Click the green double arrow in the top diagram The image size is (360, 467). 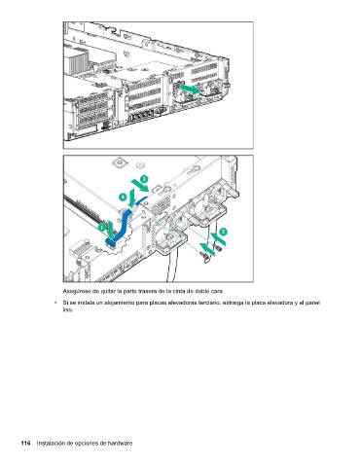point(191,89)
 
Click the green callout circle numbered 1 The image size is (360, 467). point(102,228)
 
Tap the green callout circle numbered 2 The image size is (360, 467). point(144,179)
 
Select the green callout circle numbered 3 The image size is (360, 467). point(223,232)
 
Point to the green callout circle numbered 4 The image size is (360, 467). point(123,197)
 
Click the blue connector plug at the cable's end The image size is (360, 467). point(112,241)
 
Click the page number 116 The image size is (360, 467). point(25,443)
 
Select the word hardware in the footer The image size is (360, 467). point(120,443)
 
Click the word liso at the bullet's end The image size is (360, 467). point(67,309)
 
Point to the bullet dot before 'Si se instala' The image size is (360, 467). point(55,303)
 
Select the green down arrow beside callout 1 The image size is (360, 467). point(111,230)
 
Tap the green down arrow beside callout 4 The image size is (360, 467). point(132,198)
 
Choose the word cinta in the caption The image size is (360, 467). point(178,291)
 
